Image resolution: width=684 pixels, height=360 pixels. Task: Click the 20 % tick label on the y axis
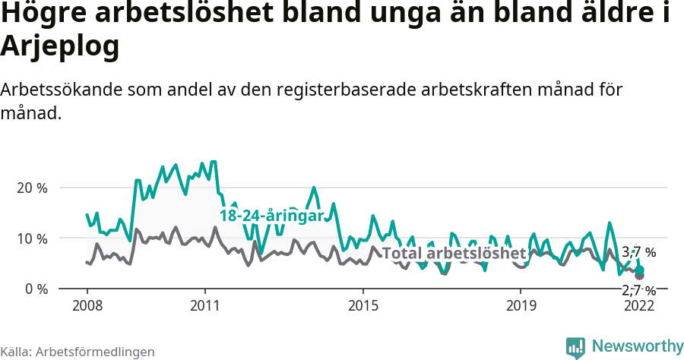33,188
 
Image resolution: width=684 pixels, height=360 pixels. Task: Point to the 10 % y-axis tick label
33,238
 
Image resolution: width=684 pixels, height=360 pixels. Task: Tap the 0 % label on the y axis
36,289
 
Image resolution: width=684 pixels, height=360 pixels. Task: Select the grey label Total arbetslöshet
454,253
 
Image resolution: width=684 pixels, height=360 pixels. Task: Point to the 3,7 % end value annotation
638,252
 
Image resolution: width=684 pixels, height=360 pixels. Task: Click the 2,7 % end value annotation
638,290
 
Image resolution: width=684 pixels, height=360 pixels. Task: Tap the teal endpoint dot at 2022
640,270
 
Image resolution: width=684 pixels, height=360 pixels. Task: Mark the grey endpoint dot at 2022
640,276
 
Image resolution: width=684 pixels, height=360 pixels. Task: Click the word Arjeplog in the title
60,47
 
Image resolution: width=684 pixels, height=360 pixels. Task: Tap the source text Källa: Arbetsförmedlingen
78,352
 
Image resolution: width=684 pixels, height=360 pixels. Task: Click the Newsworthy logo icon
575,347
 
